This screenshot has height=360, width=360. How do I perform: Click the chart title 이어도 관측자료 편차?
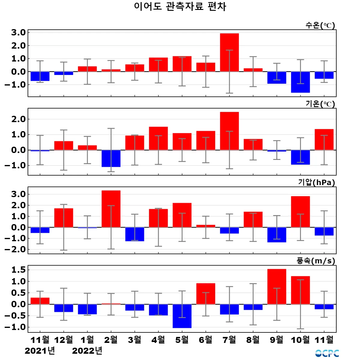(x=180, y=6)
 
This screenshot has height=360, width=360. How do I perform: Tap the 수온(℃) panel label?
(x=320, y=25)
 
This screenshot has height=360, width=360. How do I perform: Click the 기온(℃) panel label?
(x=320, y=104)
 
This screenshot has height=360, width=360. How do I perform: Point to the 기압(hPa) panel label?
(x=316, y=182)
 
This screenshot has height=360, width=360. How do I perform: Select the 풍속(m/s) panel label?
(x=316, y=261)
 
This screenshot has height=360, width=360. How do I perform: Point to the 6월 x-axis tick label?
(x=205, y=340)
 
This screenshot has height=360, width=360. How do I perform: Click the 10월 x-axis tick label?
(x=300, y=340)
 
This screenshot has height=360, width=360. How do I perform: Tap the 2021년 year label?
(x=40, y=351)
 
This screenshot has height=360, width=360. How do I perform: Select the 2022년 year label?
(x=87, y=351)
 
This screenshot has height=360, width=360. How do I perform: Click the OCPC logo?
(x=327, y=353)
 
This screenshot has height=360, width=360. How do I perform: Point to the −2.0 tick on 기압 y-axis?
(x=15, y=250)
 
